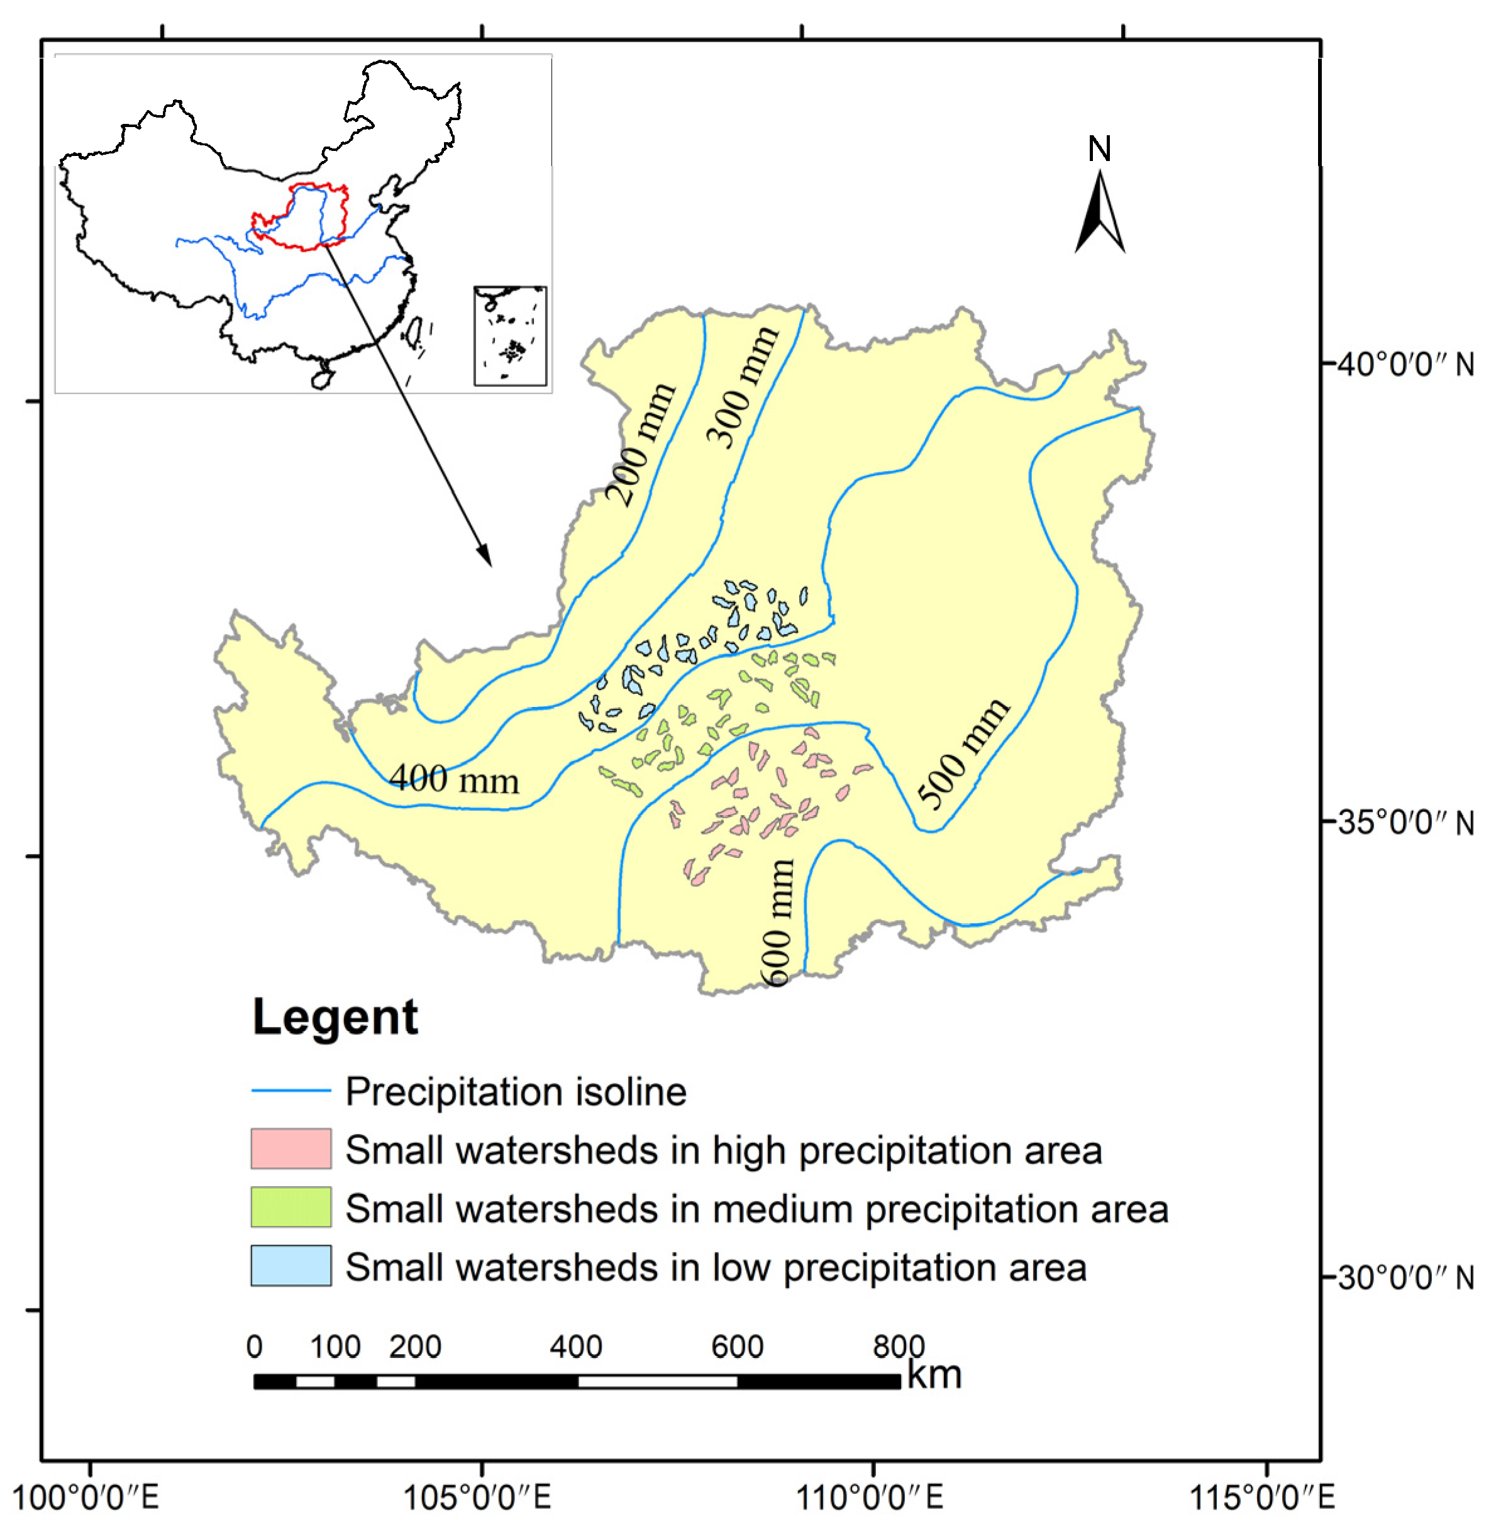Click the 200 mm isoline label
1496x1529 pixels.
point(642,444)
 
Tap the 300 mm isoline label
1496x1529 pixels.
point(743,387)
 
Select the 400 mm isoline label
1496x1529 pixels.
point(454,779)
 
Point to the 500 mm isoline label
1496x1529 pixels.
point(963,753)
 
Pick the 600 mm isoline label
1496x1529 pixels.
point(778,923)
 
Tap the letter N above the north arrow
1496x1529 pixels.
point(1099,148)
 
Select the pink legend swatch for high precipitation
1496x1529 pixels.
point(291,1148)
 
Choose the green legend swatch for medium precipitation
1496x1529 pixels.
point(291,1207)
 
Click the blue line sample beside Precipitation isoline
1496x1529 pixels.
point(291,1091)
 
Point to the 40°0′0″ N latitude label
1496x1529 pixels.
point(1405,365)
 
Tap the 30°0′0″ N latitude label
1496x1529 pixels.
point(1405,1277)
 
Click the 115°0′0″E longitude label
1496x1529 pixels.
point(1263,1498)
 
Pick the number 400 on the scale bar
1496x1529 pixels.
point(576,1347)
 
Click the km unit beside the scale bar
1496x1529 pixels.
point(934,1374)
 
